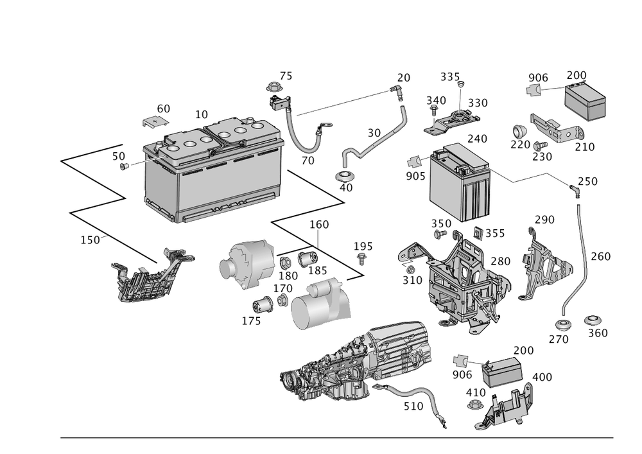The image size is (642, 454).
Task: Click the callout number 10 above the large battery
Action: pos(201,114)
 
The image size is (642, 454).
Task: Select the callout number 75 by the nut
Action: pos(285,76)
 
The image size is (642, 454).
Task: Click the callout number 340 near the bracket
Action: pos(436,101)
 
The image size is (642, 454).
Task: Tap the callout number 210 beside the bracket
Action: pos(585,147)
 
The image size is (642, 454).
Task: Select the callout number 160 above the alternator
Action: pos(319,225)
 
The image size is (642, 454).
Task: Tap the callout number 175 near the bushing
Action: pos(251,320)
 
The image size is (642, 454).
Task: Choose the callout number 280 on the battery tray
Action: pos(500,261)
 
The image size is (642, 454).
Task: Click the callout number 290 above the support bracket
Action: pos(544,220)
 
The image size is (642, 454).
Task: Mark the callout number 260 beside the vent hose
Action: pos(600,256)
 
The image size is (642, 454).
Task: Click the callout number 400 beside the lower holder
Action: pos(542,376)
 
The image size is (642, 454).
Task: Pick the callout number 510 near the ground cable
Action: pos(413,406)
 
